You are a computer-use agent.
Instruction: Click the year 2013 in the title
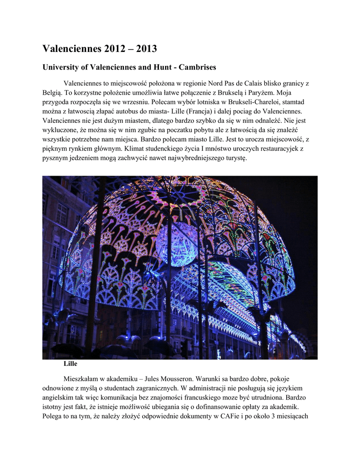coord(142,48)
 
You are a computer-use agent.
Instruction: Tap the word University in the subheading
coord(62,67)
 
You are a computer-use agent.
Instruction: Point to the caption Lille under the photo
coord(71,364)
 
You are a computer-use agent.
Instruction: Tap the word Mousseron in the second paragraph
coord(182,379)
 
